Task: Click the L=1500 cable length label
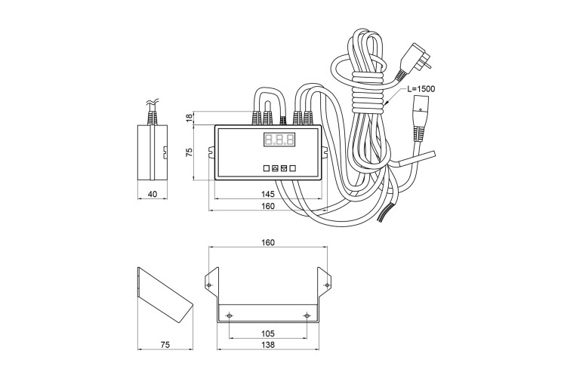point(421,88)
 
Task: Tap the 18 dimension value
point(190,118)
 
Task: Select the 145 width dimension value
point(268,194)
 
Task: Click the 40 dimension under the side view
point(153,194)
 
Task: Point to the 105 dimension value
point(268,333)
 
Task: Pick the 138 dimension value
point(268,345)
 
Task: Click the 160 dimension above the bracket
point(268,243)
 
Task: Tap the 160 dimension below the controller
point(268,206)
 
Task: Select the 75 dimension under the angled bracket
point(165,345)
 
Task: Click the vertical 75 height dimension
point(190,152)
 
